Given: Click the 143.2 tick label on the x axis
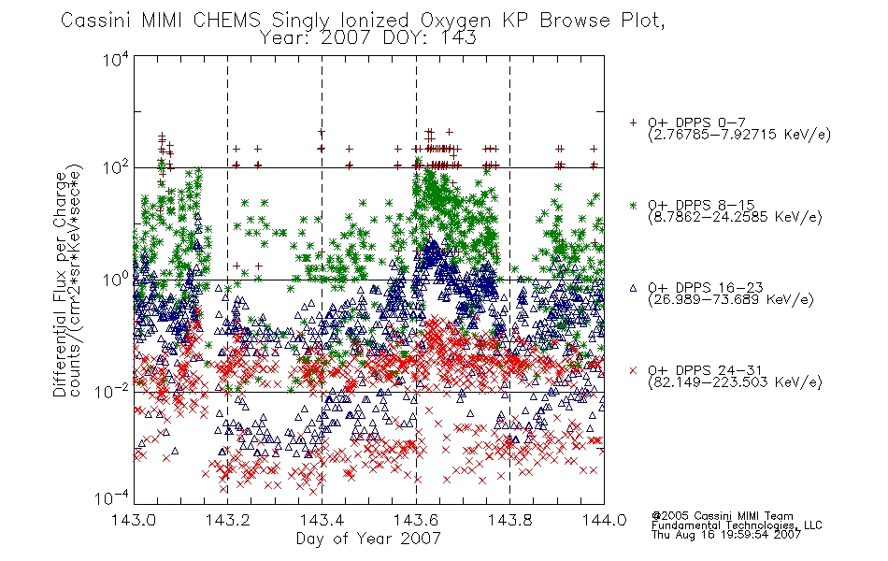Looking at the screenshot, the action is coord(228,520).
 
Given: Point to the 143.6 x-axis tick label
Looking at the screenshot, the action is coord(416,520).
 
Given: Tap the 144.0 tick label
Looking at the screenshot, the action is coord(604,520).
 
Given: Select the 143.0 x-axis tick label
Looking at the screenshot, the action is coord(134,520).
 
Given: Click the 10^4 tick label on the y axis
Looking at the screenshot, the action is coord(116,59).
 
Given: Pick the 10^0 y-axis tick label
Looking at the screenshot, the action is coord(116,280).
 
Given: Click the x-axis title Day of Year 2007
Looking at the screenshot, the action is coord(368,539).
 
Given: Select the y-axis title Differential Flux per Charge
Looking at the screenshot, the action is coord(61,284).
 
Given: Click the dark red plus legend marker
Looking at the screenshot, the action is coord(633,122).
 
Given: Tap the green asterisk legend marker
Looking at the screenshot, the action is coord(633,205).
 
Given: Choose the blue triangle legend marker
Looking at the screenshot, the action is coord(633,288).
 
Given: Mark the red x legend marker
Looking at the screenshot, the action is coord(633,370).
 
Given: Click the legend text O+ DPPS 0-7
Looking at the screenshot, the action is coord(696,122).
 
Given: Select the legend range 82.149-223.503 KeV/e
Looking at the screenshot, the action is coord(735,382).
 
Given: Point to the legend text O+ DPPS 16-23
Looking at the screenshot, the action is coord(706,287).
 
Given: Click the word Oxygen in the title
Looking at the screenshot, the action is coord(455,21).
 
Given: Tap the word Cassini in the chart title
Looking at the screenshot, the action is coord(97,21).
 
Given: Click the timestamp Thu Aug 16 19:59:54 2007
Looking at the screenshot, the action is coord(726,534).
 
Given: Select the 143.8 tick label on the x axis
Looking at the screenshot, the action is coord(510,520).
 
